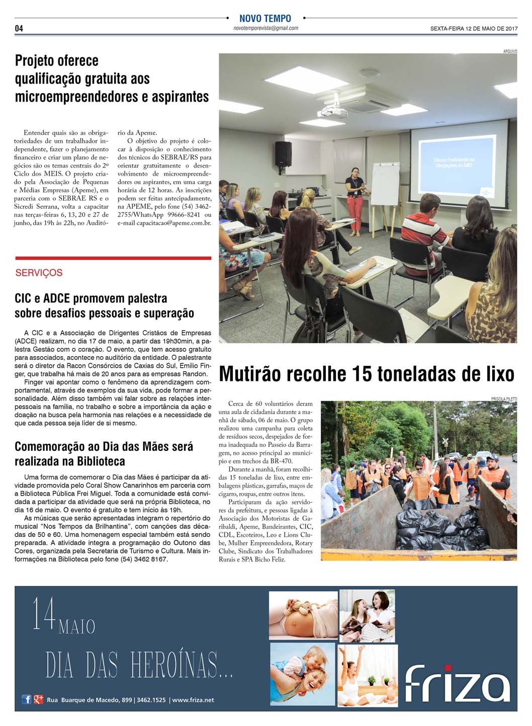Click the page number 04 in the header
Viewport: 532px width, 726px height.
(x=19, y=28)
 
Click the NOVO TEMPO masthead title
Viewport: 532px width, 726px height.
(x=265, y=19)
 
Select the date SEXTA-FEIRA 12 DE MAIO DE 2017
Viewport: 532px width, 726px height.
(x=473, y=29)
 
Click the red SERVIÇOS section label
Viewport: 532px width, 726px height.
(x=39, y=273)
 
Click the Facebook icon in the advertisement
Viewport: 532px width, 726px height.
(x=27, y=699)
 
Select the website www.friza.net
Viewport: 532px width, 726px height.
(x=193, y=700)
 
